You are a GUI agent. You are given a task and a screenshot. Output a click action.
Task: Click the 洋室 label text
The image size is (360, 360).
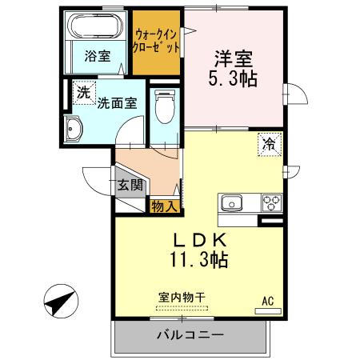pos(234,58)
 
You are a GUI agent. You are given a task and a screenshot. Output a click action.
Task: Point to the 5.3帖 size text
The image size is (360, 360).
pos(234,79)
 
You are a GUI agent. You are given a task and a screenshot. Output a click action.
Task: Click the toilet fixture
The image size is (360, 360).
pos(164,106)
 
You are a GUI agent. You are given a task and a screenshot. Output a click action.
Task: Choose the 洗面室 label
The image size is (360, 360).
pos(117,102)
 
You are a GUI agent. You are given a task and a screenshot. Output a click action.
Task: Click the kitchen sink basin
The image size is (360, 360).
pos(233,201)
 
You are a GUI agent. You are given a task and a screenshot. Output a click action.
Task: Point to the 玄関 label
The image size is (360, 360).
pos(130,185)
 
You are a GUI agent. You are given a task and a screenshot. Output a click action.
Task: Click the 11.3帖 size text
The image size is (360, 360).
pos(200,259)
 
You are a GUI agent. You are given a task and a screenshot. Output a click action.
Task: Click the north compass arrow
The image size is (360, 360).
pos(59,303)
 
